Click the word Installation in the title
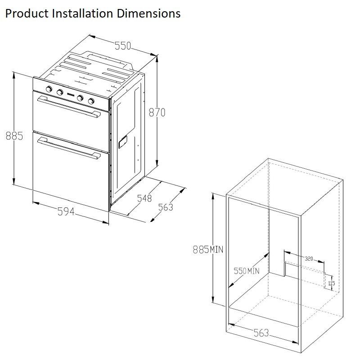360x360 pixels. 82,13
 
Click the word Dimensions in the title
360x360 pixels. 148,13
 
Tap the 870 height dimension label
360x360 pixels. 157,112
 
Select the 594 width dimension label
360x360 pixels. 66,211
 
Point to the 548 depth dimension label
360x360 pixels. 144,198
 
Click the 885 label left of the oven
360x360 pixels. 14,136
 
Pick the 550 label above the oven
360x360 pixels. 122,46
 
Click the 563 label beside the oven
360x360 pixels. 166,207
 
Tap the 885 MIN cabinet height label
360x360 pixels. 208,249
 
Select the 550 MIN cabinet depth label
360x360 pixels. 247,271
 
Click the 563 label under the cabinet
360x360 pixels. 261,333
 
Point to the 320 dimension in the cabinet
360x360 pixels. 309,259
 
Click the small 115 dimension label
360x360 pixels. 332,283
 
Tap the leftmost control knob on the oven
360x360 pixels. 49,89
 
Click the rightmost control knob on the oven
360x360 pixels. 91,101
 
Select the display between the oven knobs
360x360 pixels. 70,94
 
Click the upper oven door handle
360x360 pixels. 69,107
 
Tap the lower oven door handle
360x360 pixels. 69,148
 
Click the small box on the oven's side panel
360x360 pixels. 123,142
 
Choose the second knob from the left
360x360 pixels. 60,92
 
